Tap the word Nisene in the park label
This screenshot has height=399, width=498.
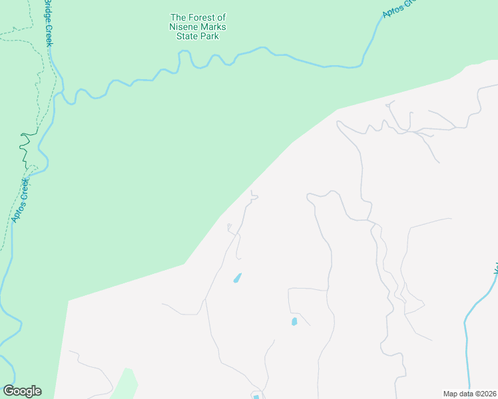(x=185, y=27)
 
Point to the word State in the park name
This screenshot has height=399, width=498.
(x=184, y=36)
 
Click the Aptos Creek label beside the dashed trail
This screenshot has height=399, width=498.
(x=19, y=199)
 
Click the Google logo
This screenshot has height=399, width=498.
(x=22, y=391)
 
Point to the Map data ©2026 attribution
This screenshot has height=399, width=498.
(x=469, y=394)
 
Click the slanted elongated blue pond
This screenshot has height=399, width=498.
(x=237, y=278)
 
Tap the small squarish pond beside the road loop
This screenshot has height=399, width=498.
(x=294, y=322)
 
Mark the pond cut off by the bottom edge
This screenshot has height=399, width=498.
(x=256, y=397)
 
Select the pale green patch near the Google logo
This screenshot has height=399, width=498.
(x=124, y=385)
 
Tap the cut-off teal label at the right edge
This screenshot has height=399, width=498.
(x=495, y=269)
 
